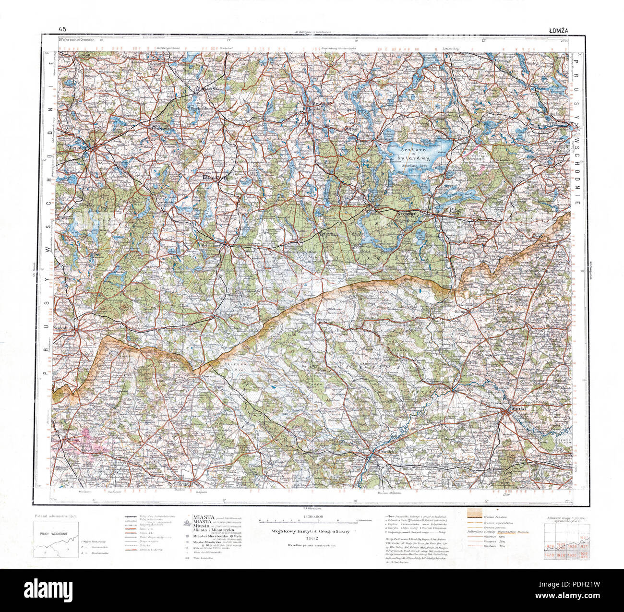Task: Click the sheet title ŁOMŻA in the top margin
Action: [x=559, y=30]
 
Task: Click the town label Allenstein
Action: [x=80, y=148]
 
